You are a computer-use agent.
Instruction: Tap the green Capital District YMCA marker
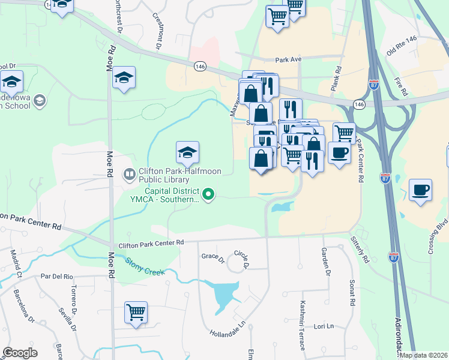point(208,194)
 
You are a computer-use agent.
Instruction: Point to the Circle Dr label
point(241,259)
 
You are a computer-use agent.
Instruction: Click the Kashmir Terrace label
point(303,318)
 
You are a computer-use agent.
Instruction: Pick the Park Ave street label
point(288,60)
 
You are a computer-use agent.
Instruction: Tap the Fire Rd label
point(400,85)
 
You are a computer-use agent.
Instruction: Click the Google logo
point(20,353)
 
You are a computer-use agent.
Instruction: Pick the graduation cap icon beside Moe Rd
point(124,77)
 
